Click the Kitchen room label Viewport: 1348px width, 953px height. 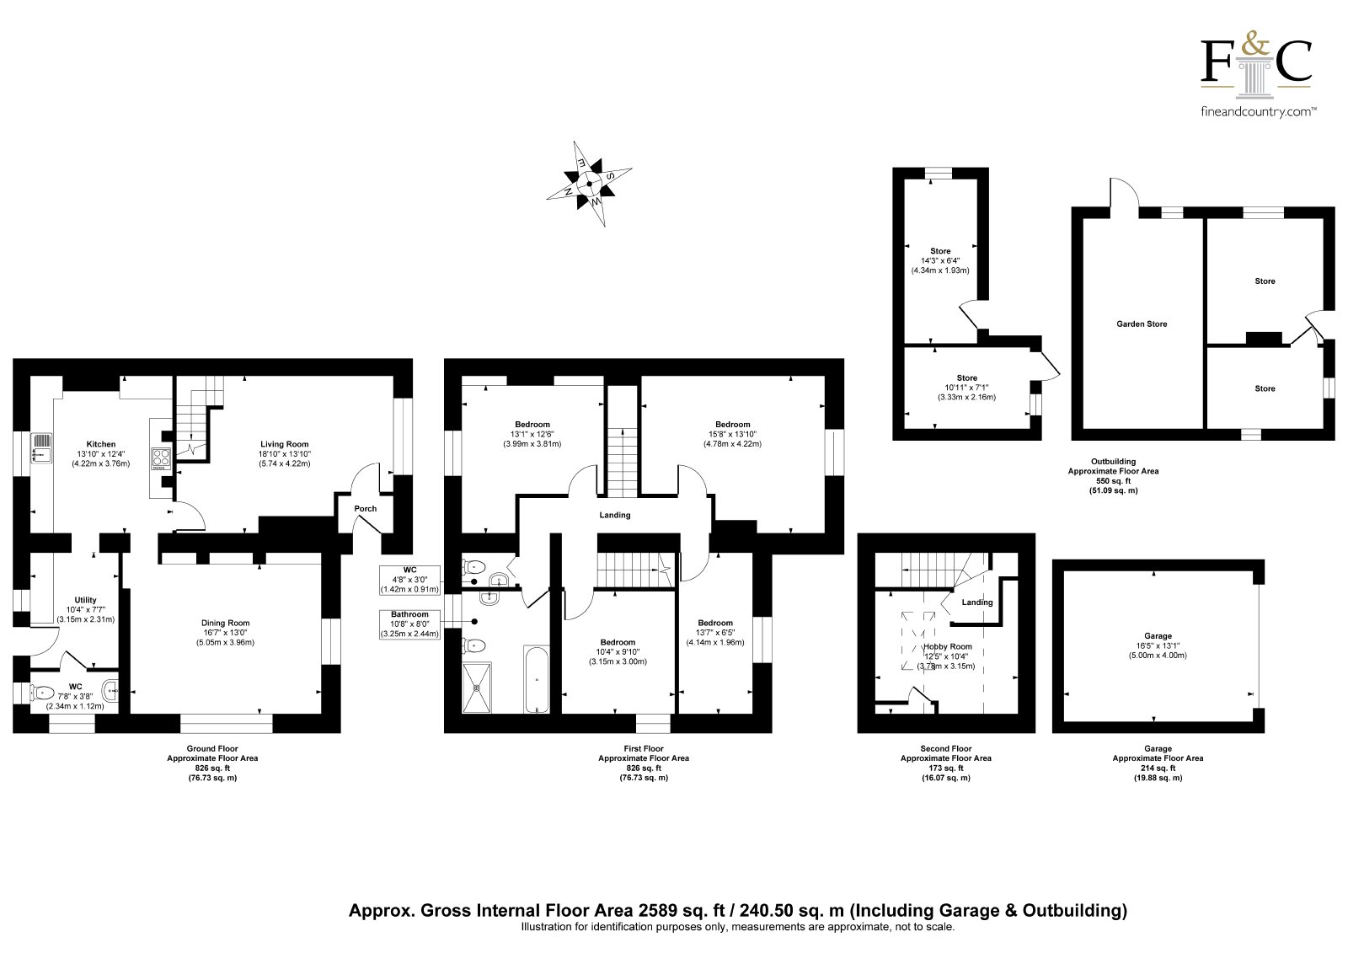[100, 444]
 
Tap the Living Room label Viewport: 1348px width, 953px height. [284, 444]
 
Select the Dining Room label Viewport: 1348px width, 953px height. [225, 623]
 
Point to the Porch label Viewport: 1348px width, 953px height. [366, 509]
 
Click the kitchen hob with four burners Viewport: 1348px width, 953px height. [161, 458]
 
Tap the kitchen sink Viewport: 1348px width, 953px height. [41, 449]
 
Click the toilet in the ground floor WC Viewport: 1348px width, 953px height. [41, 693]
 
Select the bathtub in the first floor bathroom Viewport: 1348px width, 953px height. [536, 680]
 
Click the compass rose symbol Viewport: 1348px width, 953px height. [589, 184]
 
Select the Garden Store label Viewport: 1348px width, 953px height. [1142, 324]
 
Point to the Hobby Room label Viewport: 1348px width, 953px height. [948, 646]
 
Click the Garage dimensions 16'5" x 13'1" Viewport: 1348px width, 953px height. [1158, 645]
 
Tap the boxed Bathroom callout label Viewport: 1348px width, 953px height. [409, 624]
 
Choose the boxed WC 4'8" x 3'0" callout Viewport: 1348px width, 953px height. [409, 580]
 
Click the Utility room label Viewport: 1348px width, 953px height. [85, 600]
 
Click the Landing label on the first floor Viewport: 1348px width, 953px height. [614, 515]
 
